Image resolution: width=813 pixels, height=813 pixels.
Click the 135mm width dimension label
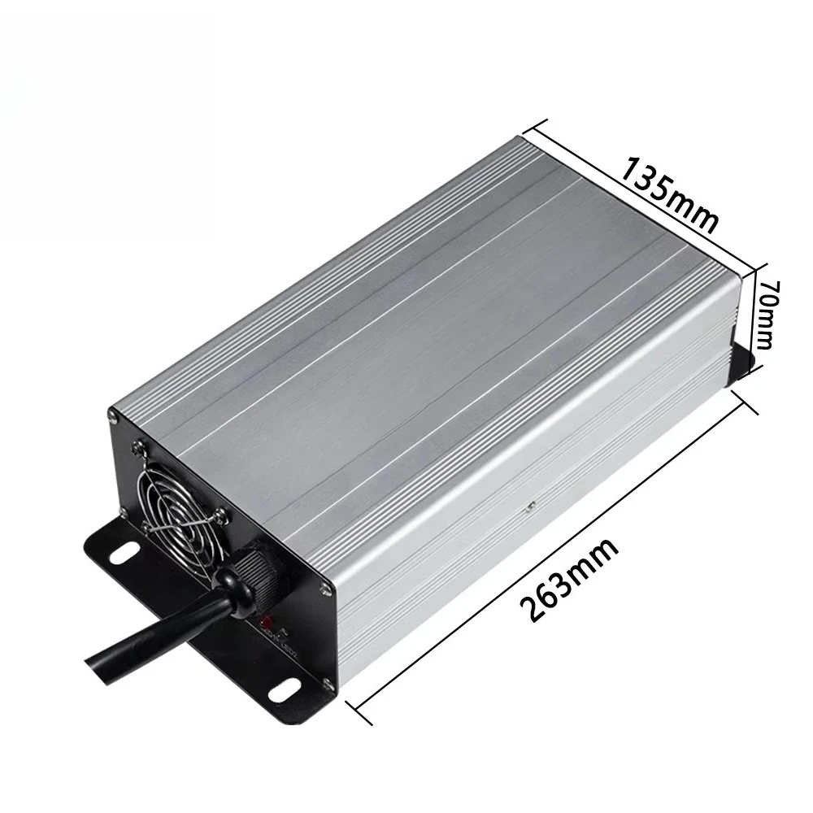click(671, 194)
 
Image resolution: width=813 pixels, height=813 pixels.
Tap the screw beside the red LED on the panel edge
click(325, 586)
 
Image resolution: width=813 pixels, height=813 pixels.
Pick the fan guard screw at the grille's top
click(141, 445)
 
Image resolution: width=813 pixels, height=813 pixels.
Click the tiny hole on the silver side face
click(530, 508)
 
